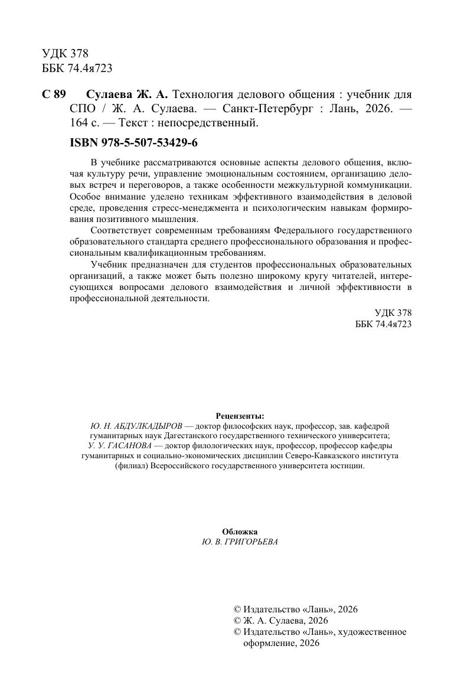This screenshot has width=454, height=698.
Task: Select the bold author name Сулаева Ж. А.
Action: pyautogui.click(x=128, y=95)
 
